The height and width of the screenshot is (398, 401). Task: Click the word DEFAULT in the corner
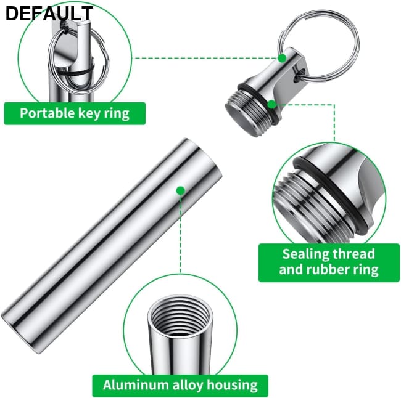49,14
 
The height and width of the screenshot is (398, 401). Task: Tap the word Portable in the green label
48,113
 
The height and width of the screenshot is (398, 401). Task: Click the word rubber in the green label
325,269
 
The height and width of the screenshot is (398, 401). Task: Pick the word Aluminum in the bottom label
136,384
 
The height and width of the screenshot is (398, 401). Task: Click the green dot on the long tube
181,190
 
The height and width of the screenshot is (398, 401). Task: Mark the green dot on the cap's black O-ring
271,104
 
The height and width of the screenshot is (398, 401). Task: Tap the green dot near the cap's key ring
282,59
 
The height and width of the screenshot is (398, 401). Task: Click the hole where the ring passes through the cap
300,75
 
